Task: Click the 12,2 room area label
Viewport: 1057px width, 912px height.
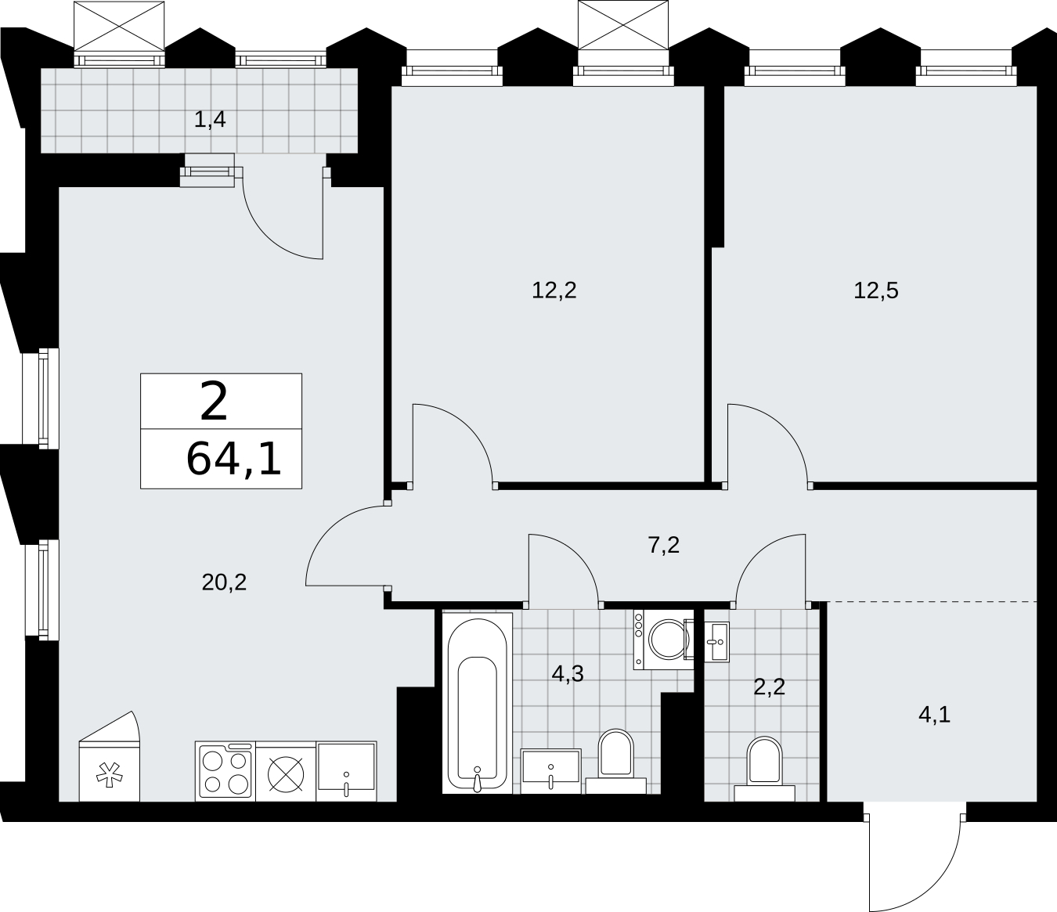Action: click(554, 291)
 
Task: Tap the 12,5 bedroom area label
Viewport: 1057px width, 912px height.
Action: click(876, 291)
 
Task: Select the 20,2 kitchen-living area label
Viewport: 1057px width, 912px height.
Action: click(224, 582)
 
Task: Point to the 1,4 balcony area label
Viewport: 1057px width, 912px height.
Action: click(210, 120)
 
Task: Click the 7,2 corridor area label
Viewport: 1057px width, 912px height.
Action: click(664, 546)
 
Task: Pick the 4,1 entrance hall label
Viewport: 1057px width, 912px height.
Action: click(935, 714)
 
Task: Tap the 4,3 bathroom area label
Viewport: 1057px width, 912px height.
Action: click(568, 674)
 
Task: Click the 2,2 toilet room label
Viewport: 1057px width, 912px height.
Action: click(770, 687)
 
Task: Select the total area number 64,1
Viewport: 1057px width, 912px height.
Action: click(233, 459)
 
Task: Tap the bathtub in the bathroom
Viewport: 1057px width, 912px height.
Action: click(477, 703)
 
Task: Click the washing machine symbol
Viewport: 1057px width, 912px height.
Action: click(663, 639)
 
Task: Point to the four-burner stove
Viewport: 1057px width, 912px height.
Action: click(225, 771)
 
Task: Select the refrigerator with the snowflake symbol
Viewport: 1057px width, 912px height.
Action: click(110, 756)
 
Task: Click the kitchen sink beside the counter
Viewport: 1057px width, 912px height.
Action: click(346, 771)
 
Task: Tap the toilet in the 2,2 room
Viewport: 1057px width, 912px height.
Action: click(764, 769)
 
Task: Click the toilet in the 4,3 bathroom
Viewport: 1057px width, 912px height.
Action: click(615, 761)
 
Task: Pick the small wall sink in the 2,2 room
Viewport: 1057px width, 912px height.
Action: click(716, 642)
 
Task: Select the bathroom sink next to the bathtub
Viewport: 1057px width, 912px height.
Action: click(550, 771)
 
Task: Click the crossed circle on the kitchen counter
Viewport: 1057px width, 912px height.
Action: click(286, 774)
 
